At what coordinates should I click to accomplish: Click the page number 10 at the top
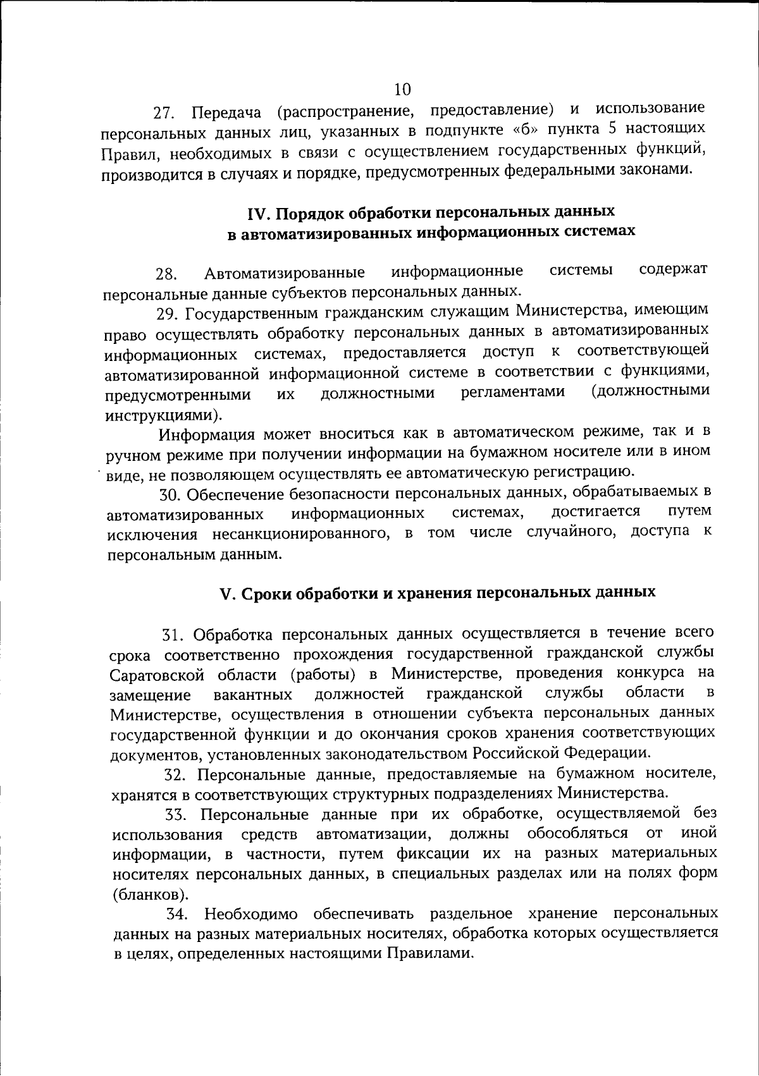pyautogui.click(x=402, y=89)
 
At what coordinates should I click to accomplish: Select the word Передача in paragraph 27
pyautogui.click(x=226, y=113)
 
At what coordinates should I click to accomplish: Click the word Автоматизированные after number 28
pyautogui.click(x=284, y=273)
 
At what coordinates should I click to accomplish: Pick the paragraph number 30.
pyautogui.click(x=171, y=494)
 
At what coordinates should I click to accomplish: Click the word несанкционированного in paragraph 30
pyautogui.click(x=300, y=534)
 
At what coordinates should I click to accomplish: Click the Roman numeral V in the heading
pyautogui.click(x=226, y=594)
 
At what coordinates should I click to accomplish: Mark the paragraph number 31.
pyautogui.click(x=173, y=635)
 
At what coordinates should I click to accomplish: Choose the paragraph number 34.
pyautogui.click(x=176, y=915)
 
